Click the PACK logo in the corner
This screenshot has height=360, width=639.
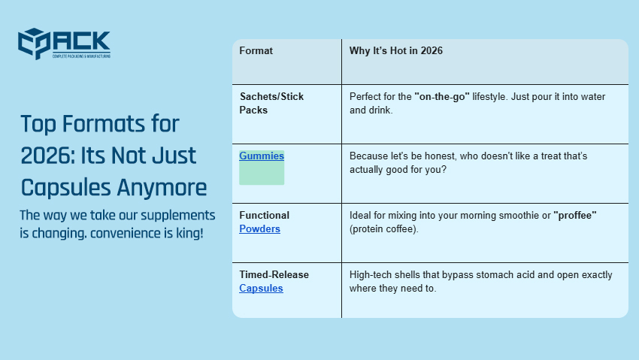(65, 44)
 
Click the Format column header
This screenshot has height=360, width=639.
(256, 51)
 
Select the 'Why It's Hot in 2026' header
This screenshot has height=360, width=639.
(395, 51)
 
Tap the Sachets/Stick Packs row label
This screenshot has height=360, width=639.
(271, 103)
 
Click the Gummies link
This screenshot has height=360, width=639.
(262, 156)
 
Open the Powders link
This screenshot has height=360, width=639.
(259, 228)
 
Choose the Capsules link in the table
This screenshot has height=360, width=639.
(261, 288)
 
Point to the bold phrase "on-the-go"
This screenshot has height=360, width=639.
(441, 97)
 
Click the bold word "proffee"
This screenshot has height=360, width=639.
(575, 216)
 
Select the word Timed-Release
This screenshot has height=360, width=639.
(274, 275)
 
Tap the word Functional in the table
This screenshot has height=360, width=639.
(264, 216)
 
